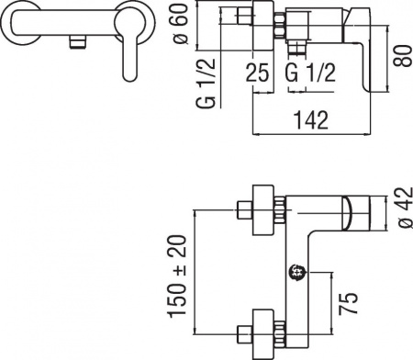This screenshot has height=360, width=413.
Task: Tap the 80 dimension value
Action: (x=398, y=62)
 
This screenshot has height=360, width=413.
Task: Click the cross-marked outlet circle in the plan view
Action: (x=296, y=272)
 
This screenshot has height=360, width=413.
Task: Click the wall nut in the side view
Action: (x=275, y=22)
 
